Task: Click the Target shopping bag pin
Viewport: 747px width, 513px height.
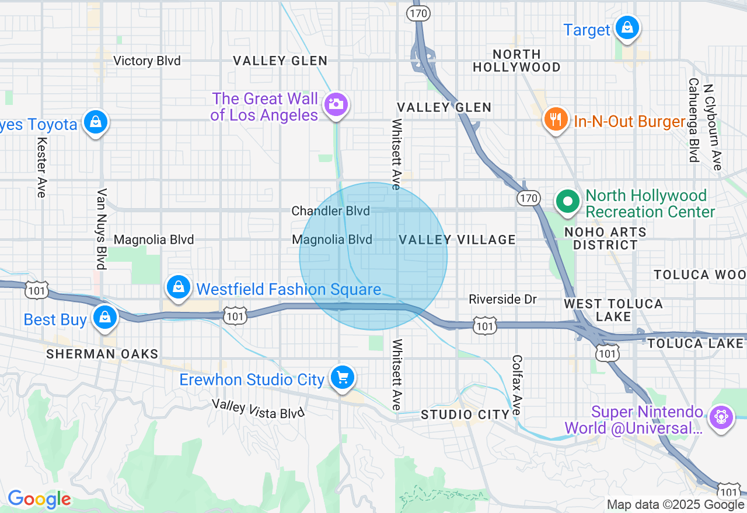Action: (627, 28)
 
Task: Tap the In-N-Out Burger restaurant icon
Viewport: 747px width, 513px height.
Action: (556, 120)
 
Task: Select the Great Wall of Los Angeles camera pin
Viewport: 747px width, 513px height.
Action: (336, 105)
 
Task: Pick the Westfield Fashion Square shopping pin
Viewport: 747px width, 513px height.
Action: (179, 287)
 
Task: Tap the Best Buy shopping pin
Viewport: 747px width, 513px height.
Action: (105, 317)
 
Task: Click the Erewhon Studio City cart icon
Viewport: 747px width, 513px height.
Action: (342, 378)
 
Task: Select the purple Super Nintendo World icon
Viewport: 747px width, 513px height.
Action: (721, 417)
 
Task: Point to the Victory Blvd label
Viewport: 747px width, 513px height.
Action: (147, 61)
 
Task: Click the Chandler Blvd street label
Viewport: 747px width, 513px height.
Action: (330, 210)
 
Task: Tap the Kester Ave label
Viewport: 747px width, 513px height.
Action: (41, 167)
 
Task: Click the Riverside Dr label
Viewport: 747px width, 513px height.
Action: (502, 299)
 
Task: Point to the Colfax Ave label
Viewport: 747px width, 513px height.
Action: (516, 385)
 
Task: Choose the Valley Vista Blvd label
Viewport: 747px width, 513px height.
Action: (258, 409)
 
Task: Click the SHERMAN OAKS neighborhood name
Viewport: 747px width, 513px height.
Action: (102, 354)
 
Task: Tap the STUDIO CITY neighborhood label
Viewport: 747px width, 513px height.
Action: (465, 414)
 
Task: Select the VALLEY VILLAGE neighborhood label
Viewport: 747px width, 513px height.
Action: (458, 240)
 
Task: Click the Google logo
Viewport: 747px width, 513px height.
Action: (39, 499)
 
